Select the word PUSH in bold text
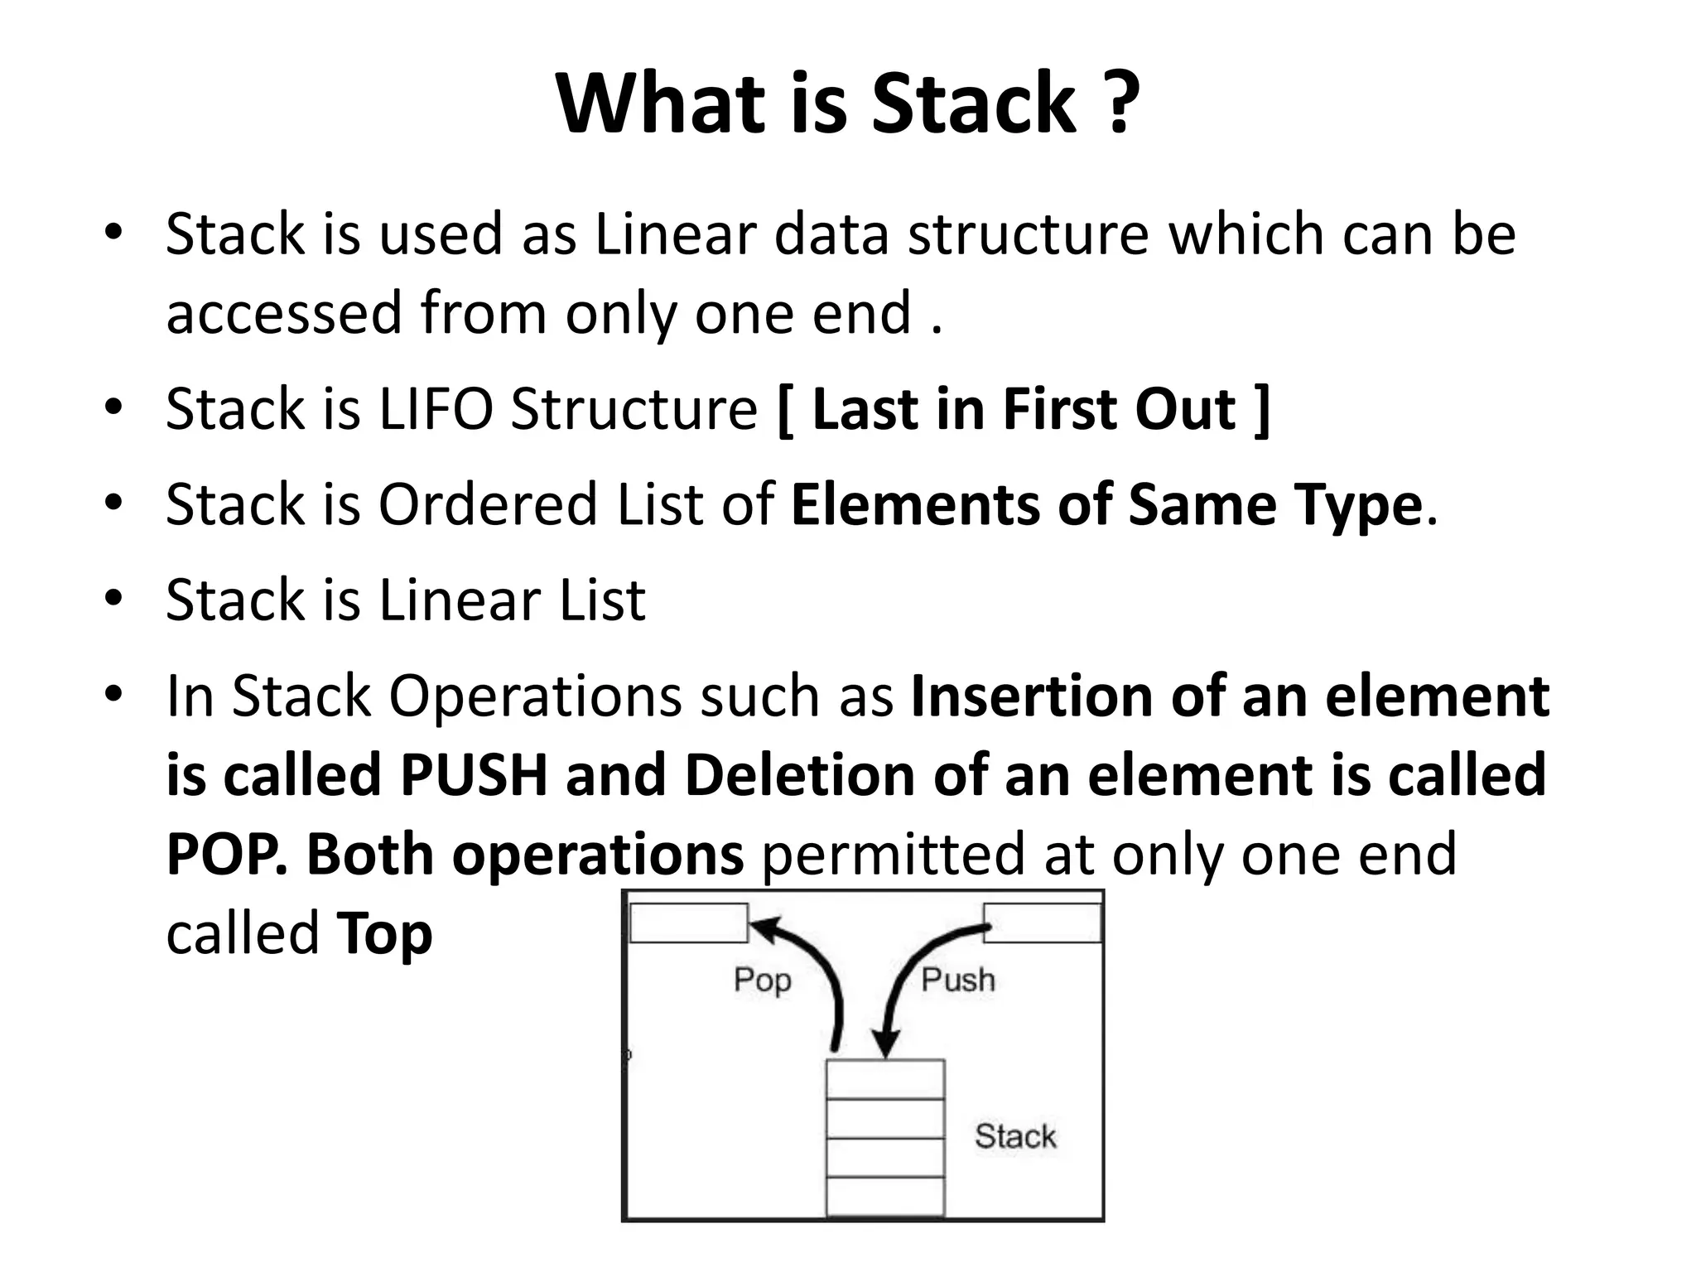click(x=474, y=775)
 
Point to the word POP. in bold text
click(x=227, y=855)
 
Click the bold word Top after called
click(x=384, y=934)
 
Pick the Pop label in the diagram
click(x=763, y=980)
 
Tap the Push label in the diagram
click(x=958, y=980)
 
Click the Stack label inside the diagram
click(x=1015, y=1136)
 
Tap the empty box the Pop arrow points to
click(x=688, y=923)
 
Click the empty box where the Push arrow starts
click(x=1042, y=923)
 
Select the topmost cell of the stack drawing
click(x=885, y=1079)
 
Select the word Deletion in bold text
click(x=800, y=775)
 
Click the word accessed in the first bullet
click(x=283, y=313)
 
